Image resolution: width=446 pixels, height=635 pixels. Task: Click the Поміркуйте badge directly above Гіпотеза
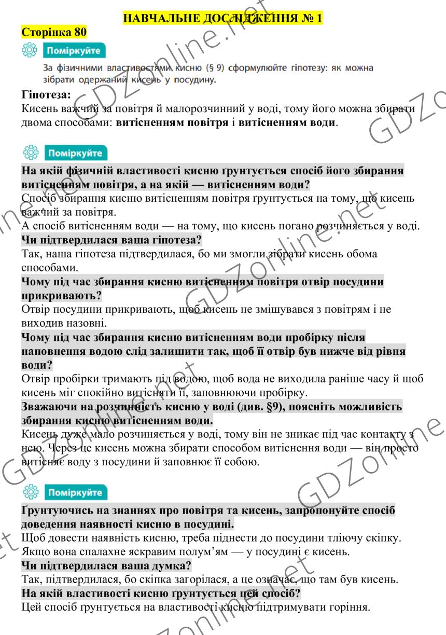click(75, 51)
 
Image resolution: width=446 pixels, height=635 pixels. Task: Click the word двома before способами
click(40, 123)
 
